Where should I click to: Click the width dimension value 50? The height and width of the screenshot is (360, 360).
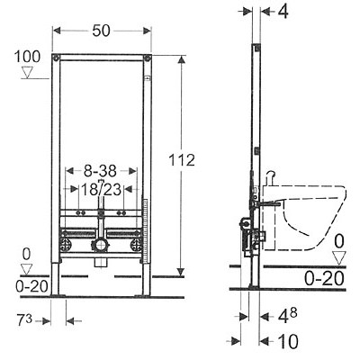click(x=101, y=31)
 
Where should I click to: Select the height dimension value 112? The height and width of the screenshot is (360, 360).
click(x=182, y=160)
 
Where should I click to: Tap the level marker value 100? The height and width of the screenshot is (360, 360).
click(x=27, y=57)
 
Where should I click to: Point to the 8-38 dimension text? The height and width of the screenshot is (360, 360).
click(x=100, y=171)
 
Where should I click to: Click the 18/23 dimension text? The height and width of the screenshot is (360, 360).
click(x=102, y=190)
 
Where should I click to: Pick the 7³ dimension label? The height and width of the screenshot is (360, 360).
click(x=24, y=320)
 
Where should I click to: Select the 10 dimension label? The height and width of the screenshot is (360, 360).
click(x=288, y=341)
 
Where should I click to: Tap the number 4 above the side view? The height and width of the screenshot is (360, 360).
click(x=283, y=12)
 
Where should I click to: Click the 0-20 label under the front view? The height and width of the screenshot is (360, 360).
click(x=31, y=287)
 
